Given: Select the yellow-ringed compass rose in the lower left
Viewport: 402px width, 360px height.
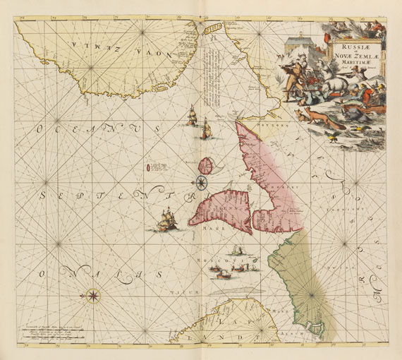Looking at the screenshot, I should tap(93, 294).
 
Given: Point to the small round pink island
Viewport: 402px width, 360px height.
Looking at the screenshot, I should tap(205, 167).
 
